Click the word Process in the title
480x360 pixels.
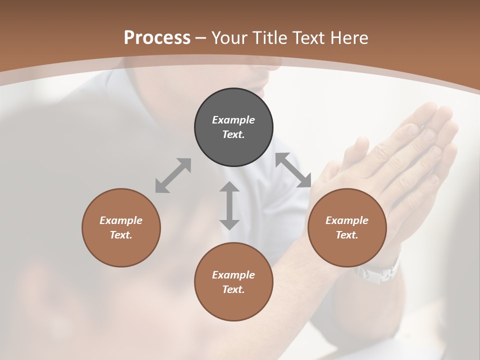pos(157,38)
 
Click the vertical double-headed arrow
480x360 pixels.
pos(229,206)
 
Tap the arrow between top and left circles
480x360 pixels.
pos(173,175)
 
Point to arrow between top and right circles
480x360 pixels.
pos(293,170)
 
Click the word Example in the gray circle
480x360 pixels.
pos(233,120)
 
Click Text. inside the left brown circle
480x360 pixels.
pos(121,235)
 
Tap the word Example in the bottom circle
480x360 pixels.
pos(233,275)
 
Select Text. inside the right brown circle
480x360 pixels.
pos(346,235)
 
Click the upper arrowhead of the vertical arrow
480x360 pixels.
pos(229,188)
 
